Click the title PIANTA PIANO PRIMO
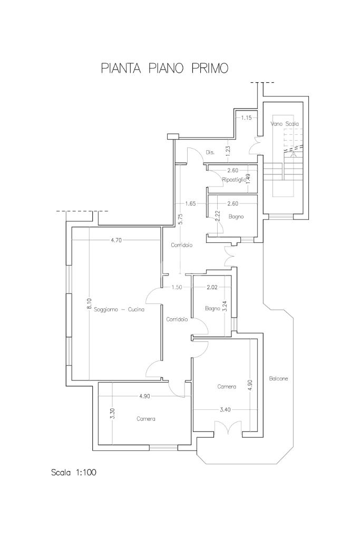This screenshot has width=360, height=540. [x=164, y=68]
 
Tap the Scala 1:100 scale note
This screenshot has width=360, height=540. [x=74, y=472]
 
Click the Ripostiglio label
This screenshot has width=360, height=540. [x=234, y=180]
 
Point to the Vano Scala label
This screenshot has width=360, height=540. [x=285, y=123]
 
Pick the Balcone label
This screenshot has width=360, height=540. [x=278, y=378]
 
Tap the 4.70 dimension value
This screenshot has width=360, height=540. [x=116, y=240]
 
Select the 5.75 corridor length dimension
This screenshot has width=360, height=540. [x=181, y=219]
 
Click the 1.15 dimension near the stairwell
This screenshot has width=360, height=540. [x=246, y=117]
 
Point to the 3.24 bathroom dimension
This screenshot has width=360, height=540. [x=225, y=306]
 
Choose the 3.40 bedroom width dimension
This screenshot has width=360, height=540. [x=225, y=409]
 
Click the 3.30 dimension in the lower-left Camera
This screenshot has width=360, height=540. [x=112, y=413]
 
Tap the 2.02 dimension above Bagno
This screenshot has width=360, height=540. [x=212, y=287]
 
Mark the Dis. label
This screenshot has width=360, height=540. [x=210, y=152]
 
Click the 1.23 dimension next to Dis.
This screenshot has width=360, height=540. [x=228, y=151]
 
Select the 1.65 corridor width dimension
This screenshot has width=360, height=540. [x=190, y=203]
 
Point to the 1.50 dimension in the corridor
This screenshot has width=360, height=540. [x=177, y=287]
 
